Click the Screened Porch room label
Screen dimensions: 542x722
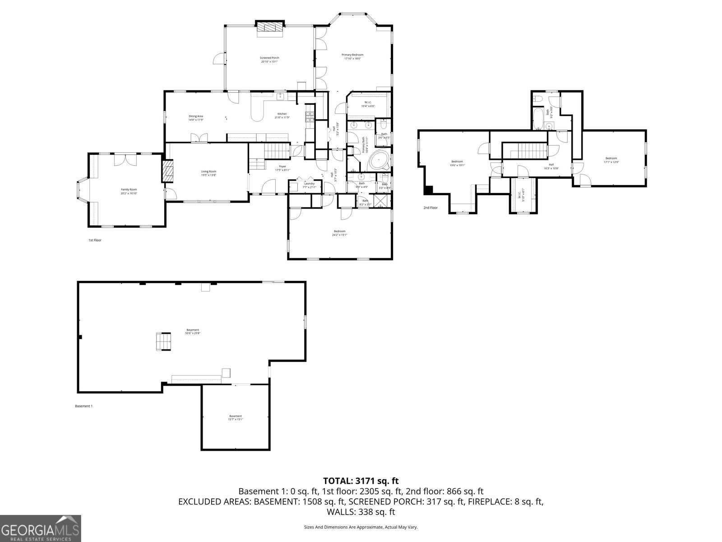tap(269, 60)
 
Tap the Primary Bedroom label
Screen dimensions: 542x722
tap(352, 56)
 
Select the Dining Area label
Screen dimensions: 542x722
tap(195, 118)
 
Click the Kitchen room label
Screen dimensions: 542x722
tap(282, 116)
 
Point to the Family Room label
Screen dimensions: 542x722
tap(129, 192)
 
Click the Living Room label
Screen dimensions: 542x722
tap(208, 173)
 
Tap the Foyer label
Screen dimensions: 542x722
tap(282, 168)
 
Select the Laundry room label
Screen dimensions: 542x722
tap(309, 185)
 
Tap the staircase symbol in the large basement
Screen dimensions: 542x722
tap(163, 341)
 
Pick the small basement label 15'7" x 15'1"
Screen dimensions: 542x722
tap(235, 418)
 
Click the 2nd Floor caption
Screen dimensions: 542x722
tap(430, 208)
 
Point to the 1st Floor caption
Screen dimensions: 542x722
tap(95, 240)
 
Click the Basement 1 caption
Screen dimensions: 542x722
tap(83, 406)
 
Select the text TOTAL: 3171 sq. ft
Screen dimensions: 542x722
tap(361, 481)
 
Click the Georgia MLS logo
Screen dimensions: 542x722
tap(40, 528)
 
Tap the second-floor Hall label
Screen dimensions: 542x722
tap(551, 166)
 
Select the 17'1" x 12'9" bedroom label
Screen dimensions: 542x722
tap(611, 160)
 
